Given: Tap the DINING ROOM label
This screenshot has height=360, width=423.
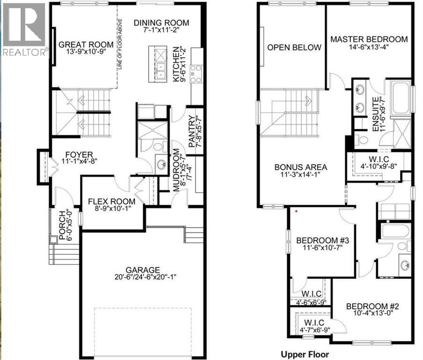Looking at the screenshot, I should (x=161, y=22).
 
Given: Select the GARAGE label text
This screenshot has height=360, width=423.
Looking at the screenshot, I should (x=143, y=270).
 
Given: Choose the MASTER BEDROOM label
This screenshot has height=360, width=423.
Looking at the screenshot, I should (x=369, y=39).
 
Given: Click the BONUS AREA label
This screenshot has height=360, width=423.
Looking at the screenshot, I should (x=300, y=167).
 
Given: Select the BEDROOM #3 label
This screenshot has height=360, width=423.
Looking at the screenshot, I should (x=320, y=241).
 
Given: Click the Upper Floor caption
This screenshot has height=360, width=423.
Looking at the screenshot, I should (x=304, y=354).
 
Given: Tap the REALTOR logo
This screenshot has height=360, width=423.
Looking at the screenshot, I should (x=24, y=28).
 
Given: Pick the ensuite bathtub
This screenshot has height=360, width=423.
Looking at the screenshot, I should (x=401, y=97).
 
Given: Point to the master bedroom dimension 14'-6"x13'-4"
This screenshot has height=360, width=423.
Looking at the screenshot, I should (x=369, y=47).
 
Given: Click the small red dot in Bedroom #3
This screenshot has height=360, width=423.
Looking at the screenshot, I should (x=296, y=211).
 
